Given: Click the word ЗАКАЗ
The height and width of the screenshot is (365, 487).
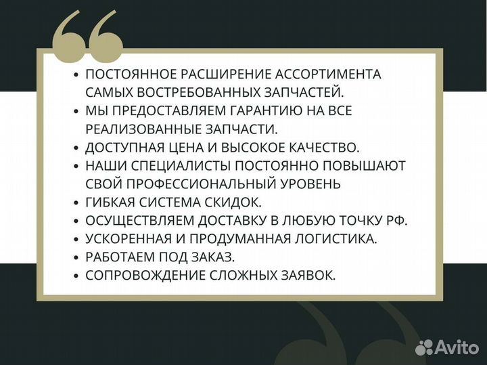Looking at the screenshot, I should [x=215, y=257].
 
